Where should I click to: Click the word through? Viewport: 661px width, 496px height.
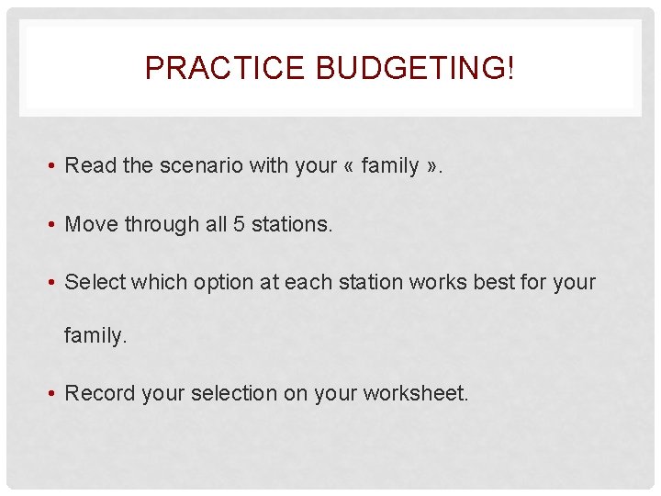pyautogui.click(x=160, y=224)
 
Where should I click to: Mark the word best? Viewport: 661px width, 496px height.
pyautogui.click(x=494, y=282)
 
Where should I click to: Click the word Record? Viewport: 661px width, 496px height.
pyautogui.click(x=99, y=393)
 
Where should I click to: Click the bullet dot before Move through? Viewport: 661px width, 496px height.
pyautogui.click(x=55, y=225)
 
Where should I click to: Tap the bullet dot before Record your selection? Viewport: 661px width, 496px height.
pyautogui.click(x=55, y=394)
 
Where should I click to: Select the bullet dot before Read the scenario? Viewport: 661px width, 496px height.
pyautogui.click(x=55, y=166)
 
